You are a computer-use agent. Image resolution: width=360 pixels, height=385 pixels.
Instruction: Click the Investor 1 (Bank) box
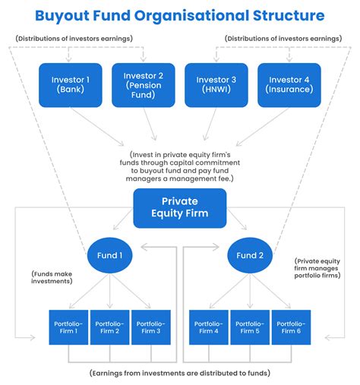(70, 85)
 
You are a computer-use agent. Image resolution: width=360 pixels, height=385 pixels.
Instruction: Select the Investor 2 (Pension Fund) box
(143, 85)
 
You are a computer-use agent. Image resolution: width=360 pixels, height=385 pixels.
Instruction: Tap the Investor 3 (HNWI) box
(216, 85)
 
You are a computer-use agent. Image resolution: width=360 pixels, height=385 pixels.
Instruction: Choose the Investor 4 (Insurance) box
(289, 85)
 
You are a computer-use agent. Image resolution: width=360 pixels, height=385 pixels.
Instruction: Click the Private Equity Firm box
(179, 208)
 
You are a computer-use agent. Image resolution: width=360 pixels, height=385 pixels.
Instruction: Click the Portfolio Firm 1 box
(68, 328)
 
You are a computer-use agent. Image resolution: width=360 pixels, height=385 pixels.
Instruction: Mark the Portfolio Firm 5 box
(251, 328)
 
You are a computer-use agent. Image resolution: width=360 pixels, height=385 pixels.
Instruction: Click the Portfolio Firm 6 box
(292, 328)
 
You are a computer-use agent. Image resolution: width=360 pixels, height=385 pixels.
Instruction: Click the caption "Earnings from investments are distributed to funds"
(179, 374)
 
